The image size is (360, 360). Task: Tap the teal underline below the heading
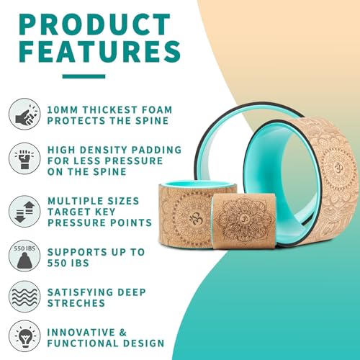(x=84, y=76)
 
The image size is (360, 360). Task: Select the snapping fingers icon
(x=24, y=114)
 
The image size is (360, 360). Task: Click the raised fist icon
(x=24, y=158)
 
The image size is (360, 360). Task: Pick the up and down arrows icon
(x=24, y=211)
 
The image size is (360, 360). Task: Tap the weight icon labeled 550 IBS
(x=24, y=256)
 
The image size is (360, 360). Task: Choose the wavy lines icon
(x=24, y=297)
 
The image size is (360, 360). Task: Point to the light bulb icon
(x=24, y=336)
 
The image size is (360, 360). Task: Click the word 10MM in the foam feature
(x=63, y=110)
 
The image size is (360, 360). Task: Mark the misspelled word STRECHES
(x=76, y=303)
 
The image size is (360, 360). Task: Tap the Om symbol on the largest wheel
(x=337, y=166)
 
